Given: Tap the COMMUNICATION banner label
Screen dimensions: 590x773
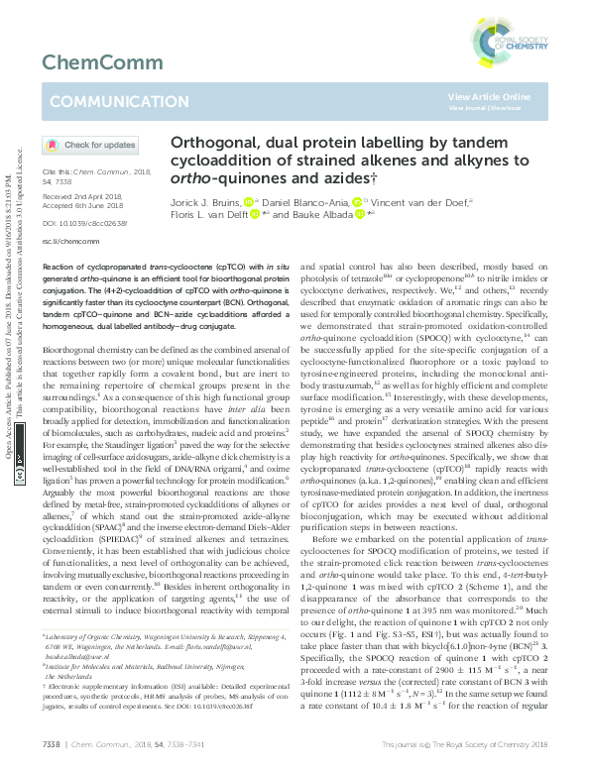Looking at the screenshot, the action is click(104, 101).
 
